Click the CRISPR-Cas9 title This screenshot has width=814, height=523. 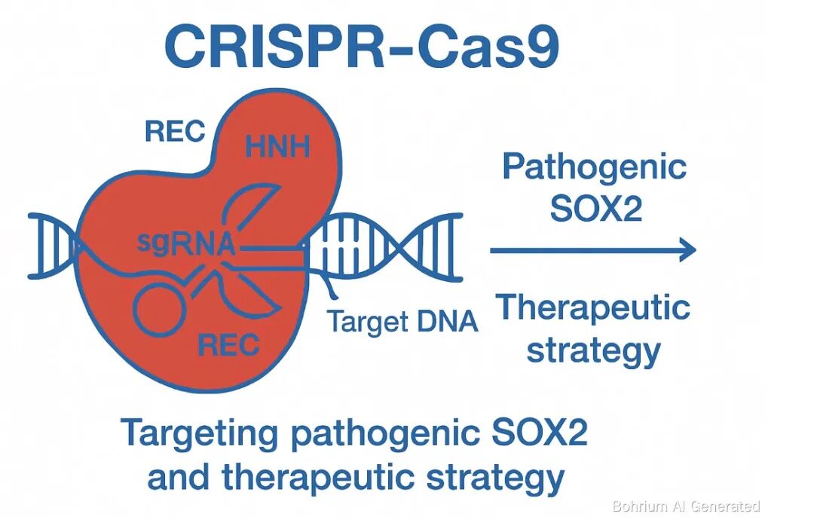coord(361,47)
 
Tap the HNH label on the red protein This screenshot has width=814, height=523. coord(277,145)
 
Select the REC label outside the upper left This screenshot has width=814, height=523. coord(175,132)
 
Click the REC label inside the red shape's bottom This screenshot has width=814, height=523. coord(228,344)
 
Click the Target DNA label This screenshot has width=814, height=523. coord(402,322)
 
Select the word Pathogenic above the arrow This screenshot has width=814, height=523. coord(595,167)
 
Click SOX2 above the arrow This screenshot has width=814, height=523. coord(595,209)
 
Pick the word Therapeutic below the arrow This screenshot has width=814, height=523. coord(593,307)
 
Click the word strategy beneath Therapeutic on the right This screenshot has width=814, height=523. coord(593,349)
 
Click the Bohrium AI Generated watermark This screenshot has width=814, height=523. coord(686,506)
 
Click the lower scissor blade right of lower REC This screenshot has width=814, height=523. coord(256,300)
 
